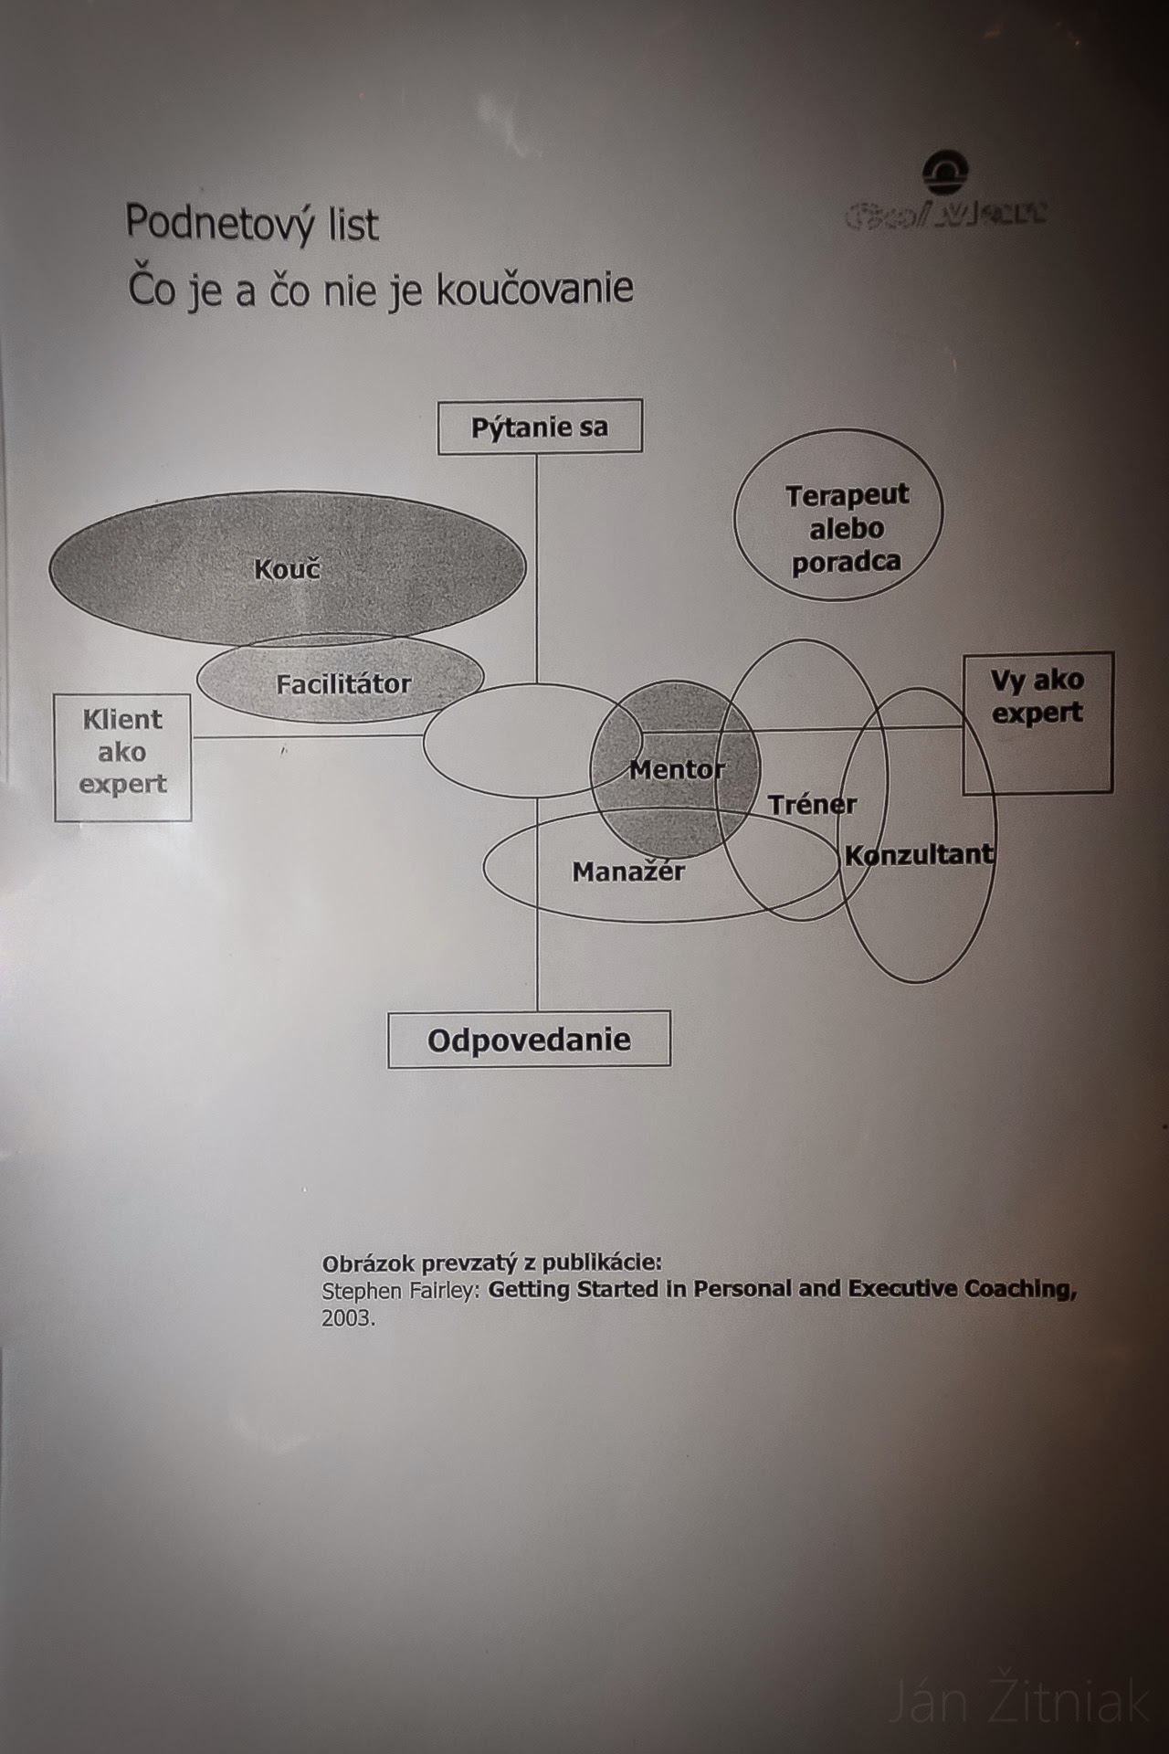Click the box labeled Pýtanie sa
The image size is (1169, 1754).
[540, 427]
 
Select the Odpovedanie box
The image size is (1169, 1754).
[529, 1040]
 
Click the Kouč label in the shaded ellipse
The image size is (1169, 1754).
[287, 569]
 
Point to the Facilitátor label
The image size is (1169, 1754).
[343, 683]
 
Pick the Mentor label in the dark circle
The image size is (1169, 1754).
[676, 769]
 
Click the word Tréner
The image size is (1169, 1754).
[812, 805]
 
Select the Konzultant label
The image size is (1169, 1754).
[919, 855]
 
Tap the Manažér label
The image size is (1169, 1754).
[628, 872]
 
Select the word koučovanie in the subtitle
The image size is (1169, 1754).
[534, 288]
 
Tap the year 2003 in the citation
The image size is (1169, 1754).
[347, 1319]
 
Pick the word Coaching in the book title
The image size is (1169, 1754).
[1021, 1288]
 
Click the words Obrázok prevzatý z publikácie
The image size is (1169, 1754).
[491, 1263]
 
